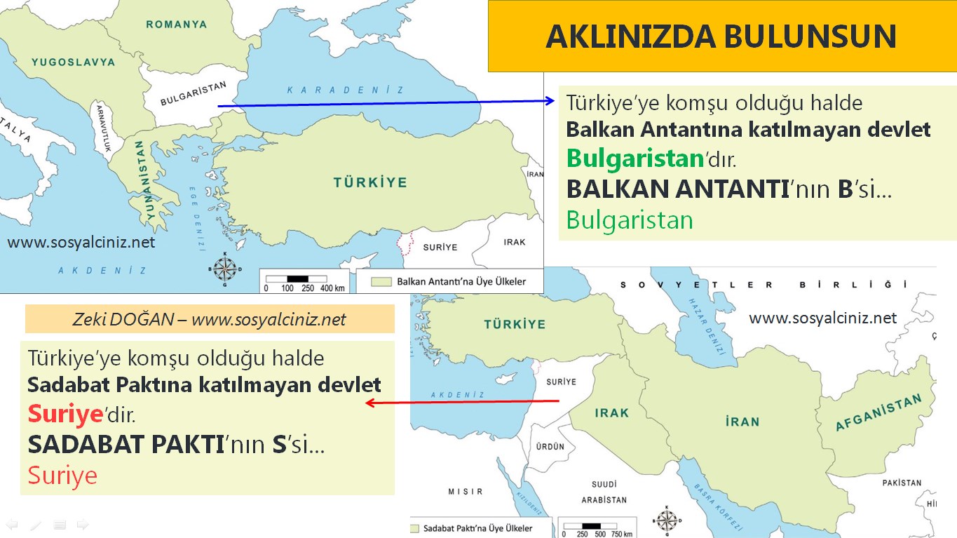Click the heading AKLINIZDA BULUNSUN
721,36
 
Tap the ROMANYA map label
176,25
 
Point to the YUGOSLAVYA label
73,62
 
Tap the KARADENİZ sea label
346,90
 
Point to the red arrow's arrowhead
370,403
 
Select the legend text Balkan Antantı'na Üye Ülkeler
461,282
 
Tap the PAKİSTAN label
902,483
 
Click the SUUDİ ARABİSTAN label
604,492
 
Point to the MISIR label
465,492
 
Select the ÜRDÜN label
550,446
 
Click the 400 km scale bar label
332,288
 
